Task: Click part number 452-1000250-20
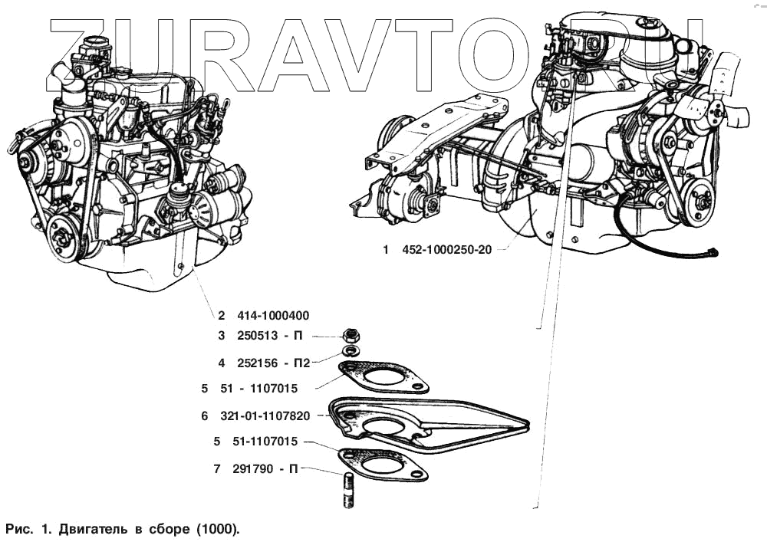446,250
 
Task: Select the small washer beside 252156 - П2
350,350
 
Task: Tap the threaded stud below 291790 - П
346,491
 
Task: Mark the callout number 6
205,416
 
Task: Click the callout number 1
387,250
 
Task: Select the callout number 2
221,315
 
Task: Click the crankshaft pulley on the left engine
62,237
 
